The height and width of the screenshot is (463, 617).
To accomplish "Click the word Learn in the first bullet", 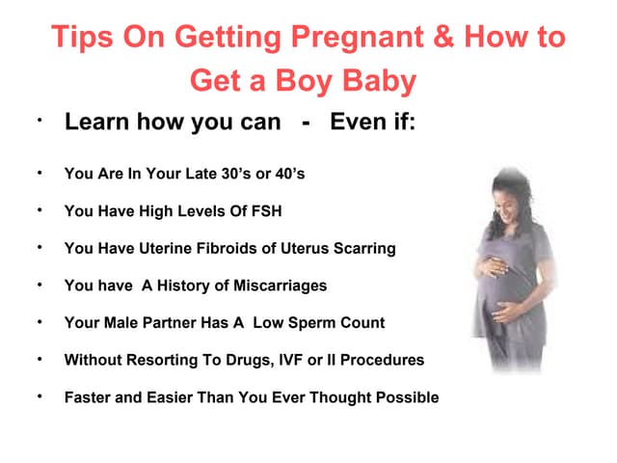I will pyautogui.click(x=96, y=123).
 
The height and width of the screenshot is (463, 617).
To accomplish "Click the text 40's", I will pyautogui.click(x=287, y=175).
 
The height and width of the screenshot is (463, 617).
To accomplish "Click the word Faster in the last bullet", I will pyautogui.click(x=89, y=396).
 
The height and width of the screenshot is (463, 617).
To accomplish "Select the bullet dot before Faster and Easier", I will pyautogui.click(x=40, y=396).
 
